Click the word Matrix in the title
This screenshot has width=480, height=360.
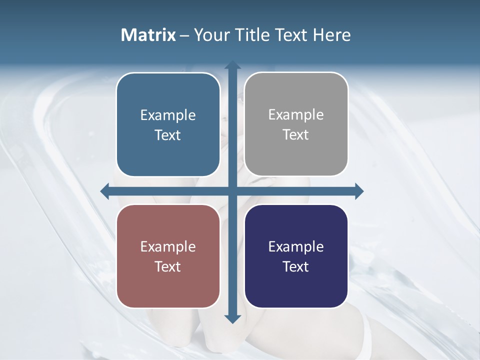click(148, 35)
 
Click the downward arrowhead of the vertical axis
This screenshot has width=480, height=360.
click(232, 318)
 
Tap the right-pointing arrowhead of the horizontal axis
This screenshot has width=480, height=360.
click(358, 191)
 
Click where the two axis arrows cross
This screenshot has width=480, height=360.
click(232, 191)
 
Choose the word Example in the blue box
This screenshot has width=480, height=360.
click(168, 115)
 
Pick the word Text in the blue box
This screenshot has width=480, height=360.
click(168, 135)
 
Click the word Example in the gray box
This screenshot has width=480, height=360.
click(296, 115)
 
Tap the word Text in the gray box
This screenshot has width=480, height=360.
click(296, 135)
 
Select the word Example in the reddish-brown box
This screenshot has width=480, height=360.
click(168, 247)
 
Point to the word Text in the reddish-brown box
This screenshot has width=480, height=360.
click(168, 266)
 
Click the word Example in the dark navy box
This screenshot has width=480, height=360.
click(296, 247)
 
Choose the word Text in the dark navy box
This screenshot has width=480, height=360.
click(296, 266)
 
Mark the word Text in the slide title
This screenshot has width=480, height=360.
click(290, 35)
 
